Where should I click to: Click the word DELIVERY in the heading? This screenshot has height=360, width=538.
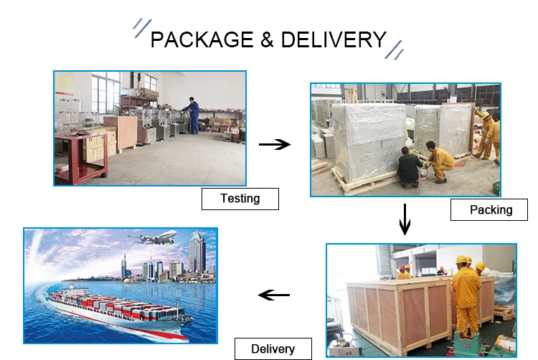click(x=334, y=39)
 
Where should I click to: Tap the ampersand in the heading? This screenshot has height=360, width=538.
click(x=267, y=39)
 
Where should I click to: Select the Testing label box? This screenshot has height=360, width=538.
click(x=240, y=198)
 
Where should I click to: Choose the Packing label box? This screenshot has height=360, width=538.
click(x=491, y=209)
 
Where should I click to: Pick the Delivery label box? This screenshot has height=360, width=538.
click(x=273, y=349)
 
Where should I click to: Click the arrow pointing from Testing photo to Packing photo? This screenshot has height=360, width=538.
click(x=274, y=144)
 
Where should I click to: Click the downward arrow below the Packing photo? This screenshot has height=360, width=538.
click(x=405, y=219)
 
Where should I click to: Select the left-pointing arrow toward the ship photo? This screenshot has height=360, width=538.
click(x=273, y=295)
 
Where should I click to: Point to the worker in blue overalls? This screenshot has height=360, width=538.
click(x=192, y=115)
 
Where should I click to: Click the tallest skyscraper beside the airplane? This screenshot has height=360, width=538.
click(x=196, y=255)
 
